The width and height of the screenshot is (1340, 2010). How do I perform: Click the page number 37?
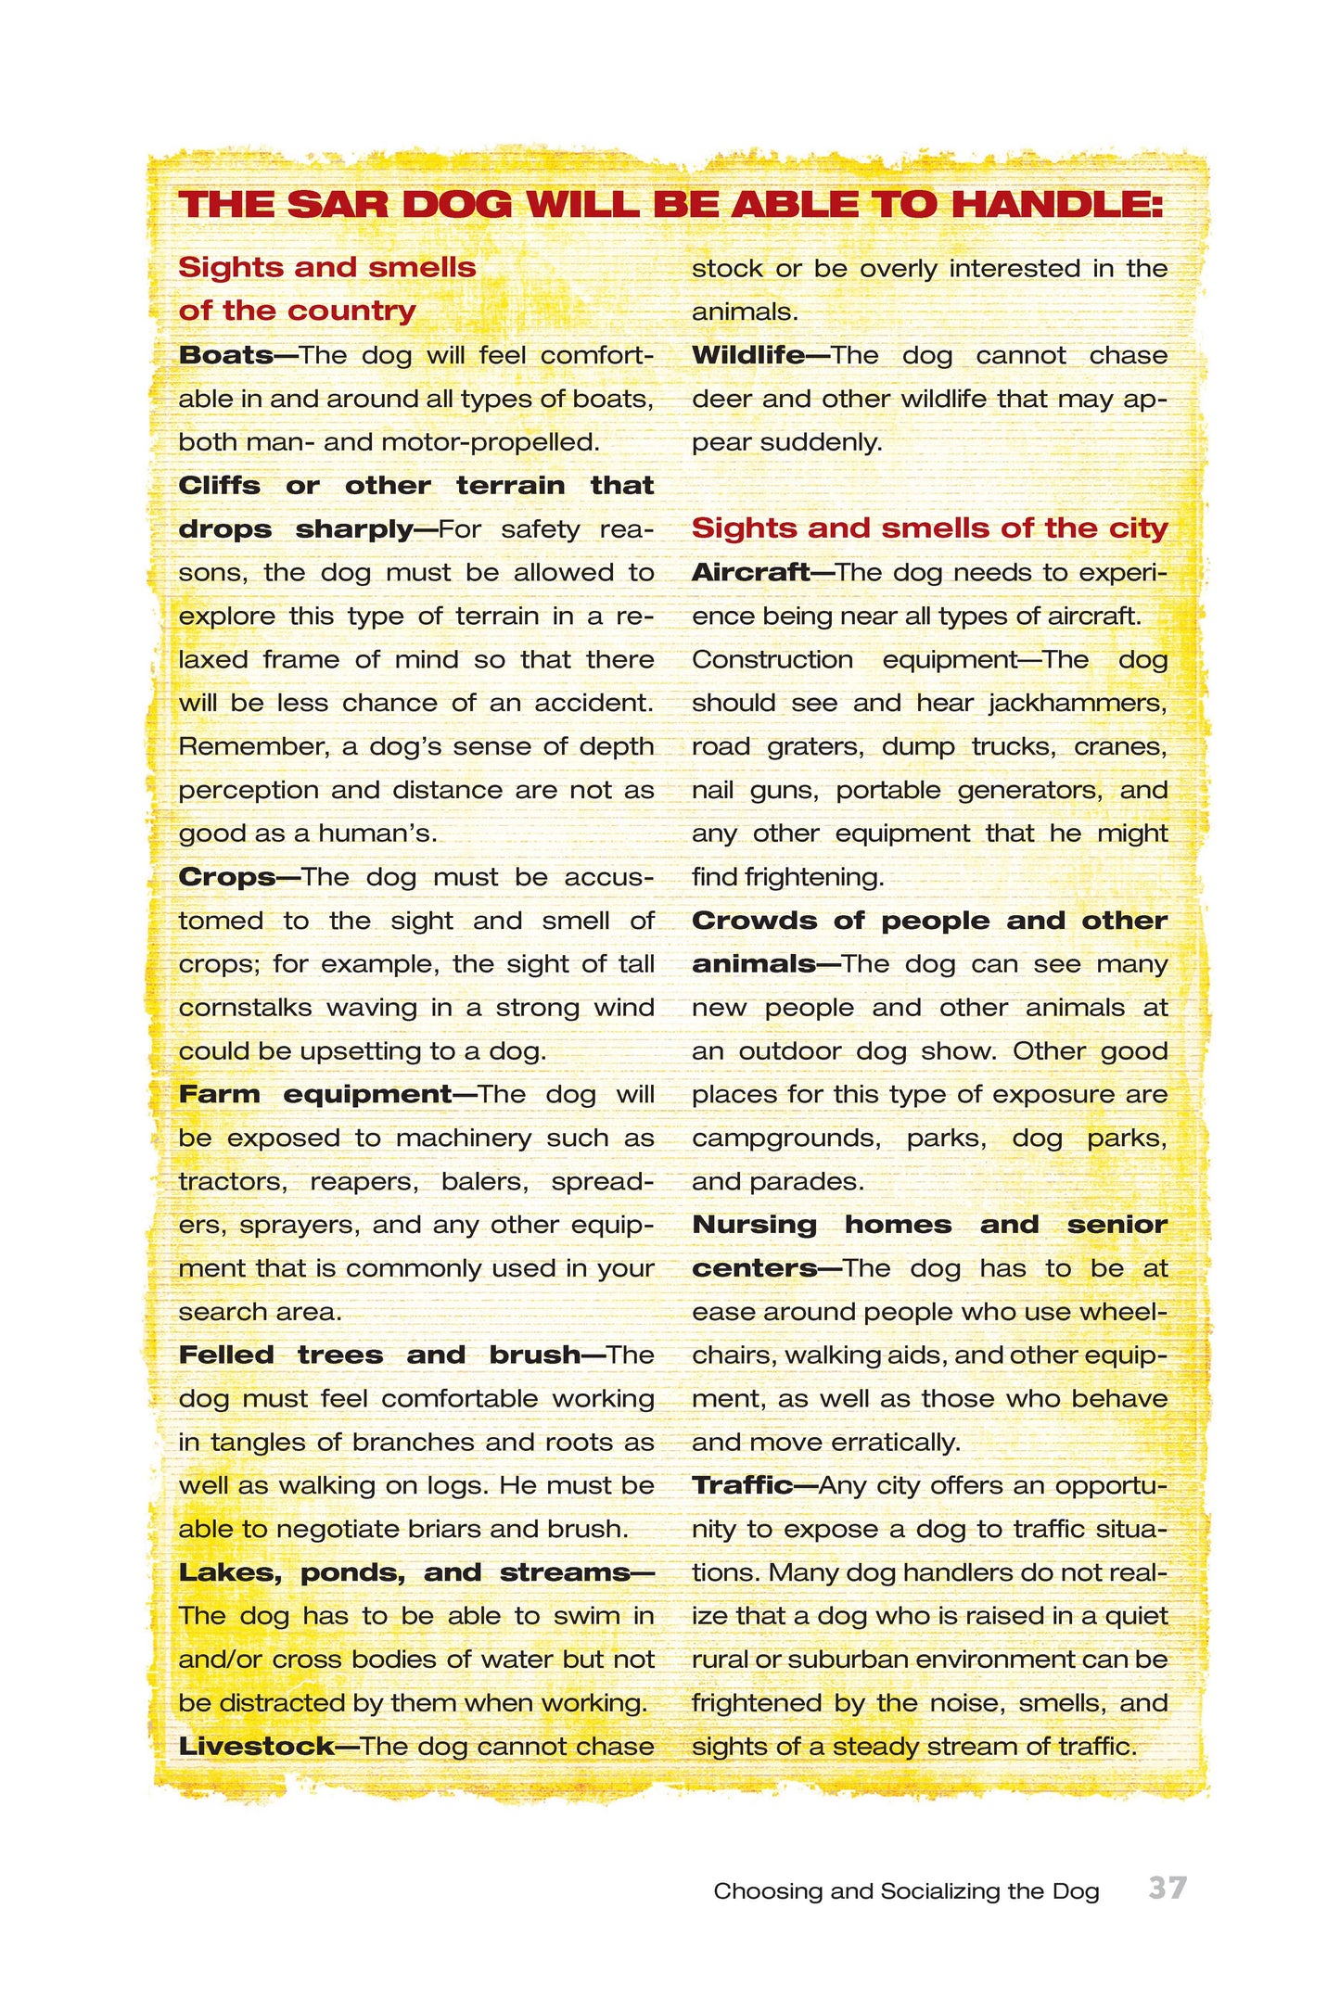point(1167,1888)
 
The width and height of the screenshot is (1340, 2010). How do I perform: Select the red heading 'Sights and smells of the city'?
point(929,528)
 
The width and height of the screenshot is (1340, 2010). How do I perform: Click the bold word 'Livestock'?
point(256,1747)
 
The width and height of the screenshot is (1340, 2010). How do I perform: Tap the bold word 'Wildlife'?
point(747,355)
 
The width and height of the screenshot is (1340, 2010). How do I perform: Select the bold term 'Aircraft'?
point(750,572)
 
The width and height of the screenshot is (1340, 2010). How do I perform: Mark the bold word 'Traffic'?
point(742,1485)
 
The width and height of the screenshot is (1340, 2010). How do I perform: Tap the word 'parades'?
point(815,1182)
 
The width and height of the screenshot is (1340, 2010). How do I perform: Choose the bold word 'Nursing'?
point(754,1225)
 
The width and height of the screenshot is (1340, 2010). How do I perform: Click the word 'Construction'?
point(772,659)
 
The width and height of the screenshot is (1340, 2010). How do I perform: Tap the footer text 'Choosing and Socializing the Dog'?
point(906,1891)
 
